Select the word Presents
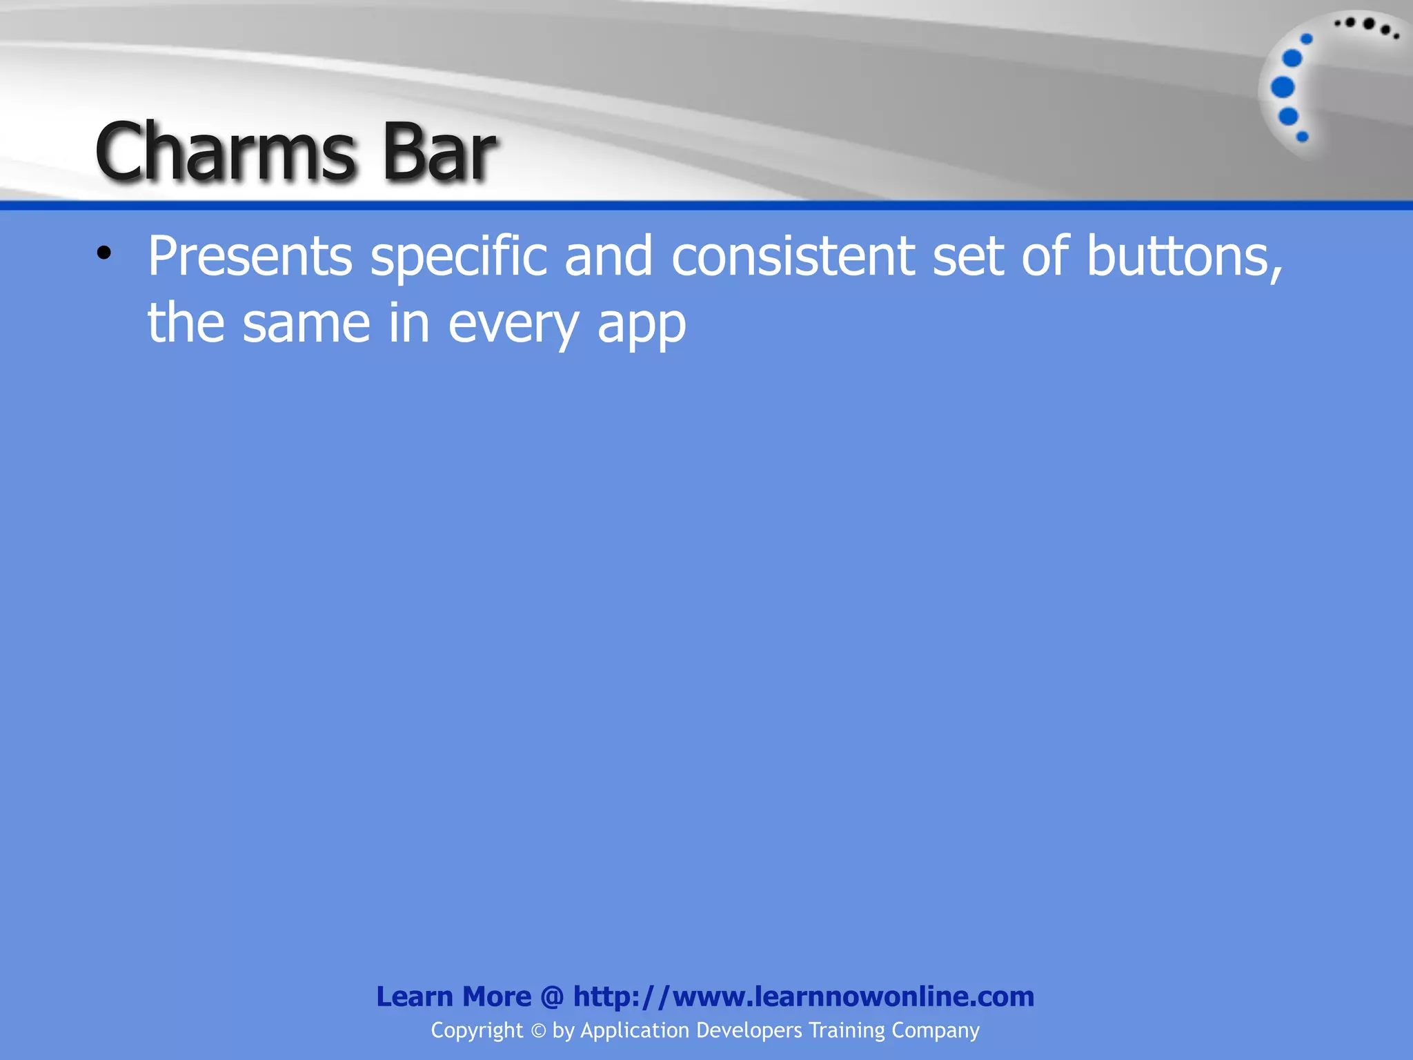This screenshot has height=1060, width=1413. click(x=250, y=257)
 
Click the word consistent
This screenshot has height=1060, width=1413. click(x=793, y=257)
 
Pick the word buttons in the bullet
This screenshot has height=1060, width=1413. click(x=1184, y=257)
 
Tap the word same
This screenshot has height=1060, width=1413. click(x=306, y=324)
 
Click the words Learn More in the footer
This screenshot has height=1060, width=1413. click(x=453, y=997)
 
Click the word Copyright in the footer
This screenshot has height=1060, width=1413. click(x=477, y=1031)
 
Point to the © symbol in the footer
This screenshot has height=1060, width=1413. click(x=538, y=1031)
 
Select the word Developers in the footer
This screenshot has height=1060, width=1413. click(x=749, y=1031)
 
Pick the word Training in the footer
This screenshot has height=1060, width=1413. click(x=847, y=1031)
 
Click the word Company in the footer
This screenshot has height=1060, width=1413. click(x=936, y=1031)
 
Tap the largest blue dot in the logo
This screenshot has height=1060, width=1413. click(x=1283, y=88)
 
